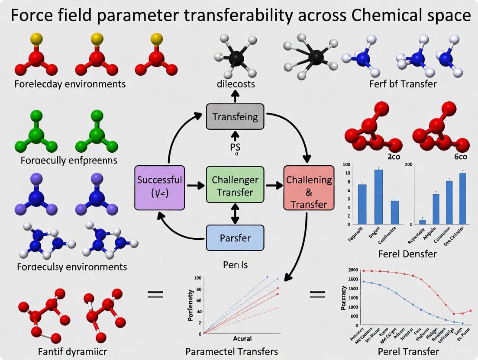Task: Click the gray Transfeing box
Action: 235,116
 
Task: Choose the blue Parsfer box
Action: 235,238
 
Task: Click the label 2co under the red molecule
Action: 393,157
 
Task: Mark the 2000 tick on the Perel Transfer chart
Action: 353,270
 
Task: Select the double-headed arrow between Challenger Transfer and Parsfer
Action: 235,214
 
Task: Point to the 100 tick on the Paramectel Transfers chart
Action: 198,278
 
